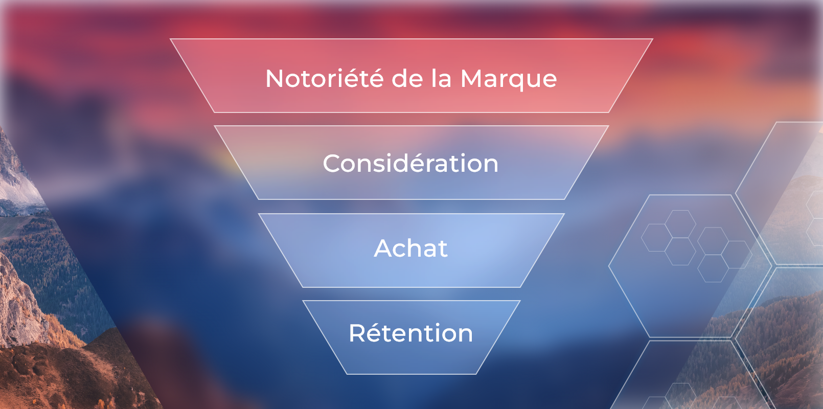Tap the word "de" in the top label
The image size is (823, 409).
408,79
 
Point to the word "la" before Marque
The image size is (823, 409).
441,79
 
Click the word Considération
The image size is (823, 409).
410,164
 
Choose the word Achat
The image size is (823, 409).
411,248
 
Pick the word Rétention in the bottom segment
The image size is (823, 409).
411,333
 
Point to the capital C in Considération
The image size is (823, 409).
333,164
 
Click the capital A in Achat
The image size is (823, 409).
385,249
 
